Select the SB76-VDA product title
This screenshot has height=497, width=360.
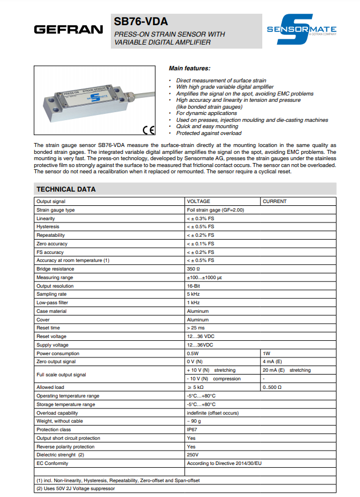point(141,22)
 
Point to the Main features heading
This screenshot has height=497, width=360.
point(190,68)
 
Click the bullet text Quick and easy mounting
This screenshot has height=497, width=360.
point(203,126)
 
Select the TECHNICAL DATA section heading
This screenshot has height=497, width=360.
point(66,189)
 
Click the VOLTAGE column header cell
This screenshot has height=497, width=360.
point(199,201)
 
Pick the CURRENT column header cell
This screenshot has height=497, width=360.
point(275,201)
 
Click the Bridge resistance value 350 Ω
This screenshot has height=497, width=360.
point(193,269)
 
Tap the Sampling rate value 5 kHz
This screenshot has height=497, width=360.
point(193,294)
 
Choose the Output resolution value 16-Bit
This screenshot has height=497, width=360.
point(193,285)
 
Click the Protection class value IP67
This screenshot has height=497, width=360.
point(192,429)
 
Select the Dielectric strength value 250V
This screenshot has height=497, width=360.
point(193,455)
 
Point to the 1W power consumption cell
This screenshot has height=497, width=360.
point(266,353)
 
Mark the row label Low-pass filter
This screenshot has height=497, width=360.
point(52,303)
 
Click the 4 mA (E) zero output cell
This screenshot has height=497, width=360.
point(271,361)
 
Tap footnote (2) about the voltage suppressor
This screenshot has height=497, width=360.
point(75,488)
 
